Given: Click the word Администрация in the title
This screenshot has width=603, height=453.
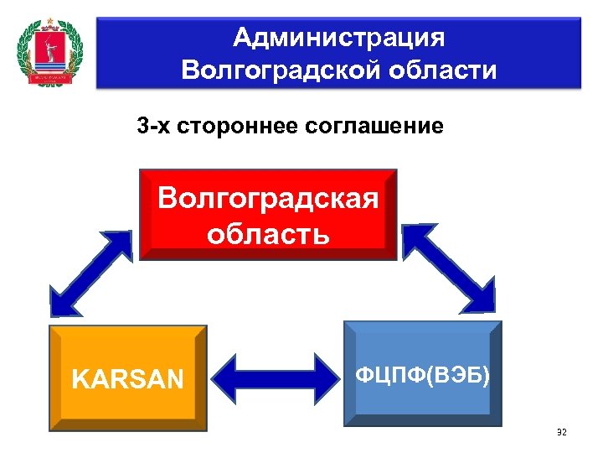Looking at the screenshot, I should tap(338, 38).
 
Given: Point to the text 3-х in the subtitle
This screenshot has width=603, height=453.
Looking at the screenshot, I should tap(155, 128).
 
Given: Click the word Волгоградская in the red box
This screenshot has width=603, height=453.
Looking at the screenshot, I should tap(268, 199).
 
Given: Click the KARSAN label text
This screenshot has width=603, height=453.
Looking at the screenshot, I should tap(127, 380).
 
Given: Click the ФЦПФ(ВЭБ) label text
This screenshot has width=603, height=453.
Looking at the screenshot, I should tap(422, 375).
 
